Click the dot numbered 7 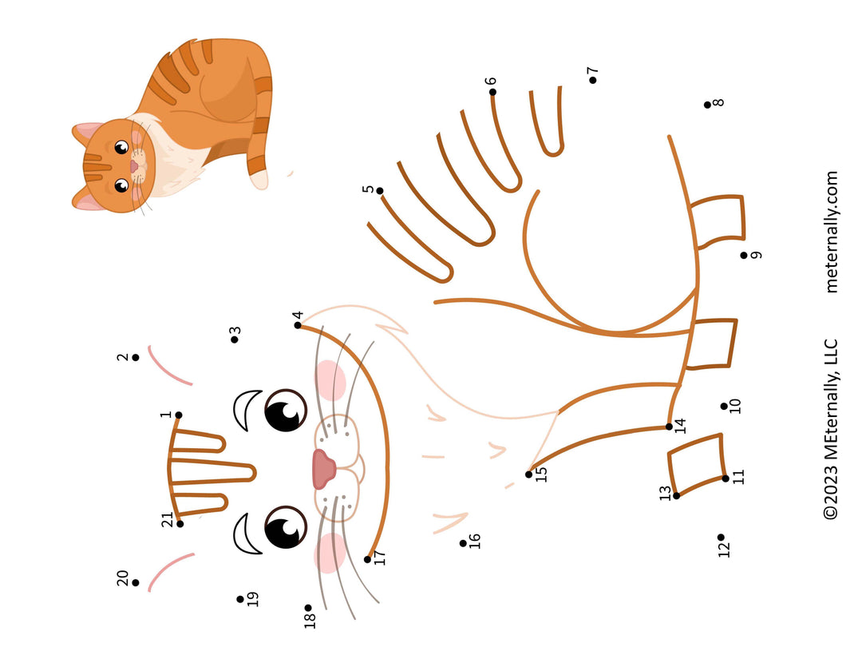point(592,80)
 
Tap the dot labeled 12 point(721,538)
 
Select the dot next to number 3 point(235,339)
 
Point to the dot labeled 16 point(463,543)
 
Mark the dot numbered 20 point(136,583)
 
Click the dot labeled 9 point(743,255)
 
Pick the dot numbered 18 point(308,608)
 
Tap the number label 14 point(680,425)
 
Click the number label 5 point(368,189)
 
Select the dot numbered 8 point(707,105)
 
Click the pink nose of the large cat point(323,469)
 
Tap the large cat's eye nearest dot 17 point(285,527)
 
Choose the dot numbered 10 point(724,406)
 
